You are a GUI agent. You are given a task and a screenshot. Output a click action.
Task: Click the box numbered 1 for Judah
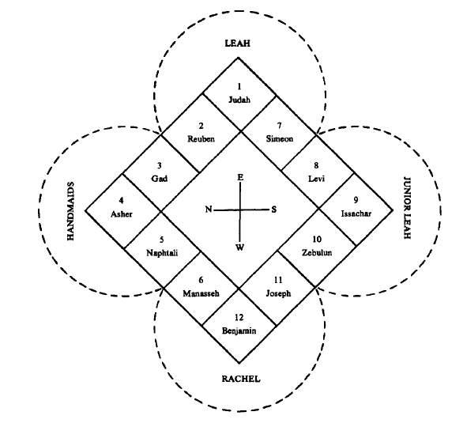(239, 94)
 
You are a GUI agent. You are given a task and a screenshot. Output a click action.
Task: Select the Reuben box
(201, 132)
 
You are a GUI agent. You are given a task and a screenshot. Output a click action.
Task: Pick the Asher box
(122, 210)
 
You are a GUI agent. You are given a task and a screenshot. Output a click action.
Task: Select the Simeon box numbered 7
(278, 132)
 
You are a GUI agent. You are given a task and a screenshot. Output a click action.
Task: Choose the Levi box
(316, 172)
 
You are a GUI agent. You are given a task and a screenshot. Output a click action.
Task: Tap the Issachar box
(355, 210)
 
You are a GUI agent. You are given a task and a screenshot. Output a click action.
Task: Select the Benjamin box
(239, 324)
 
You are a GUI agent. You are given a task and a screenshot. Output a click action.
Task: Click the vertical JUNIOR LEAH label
(408, 210)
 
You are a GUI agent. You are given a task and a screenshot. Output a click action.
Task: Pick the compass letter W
(239, 247)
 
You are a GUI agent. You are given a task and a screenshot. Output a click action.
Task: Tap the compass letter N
(208, 210)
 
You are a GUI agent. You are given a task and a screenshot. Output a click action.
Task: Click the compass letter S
(273, 210)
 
